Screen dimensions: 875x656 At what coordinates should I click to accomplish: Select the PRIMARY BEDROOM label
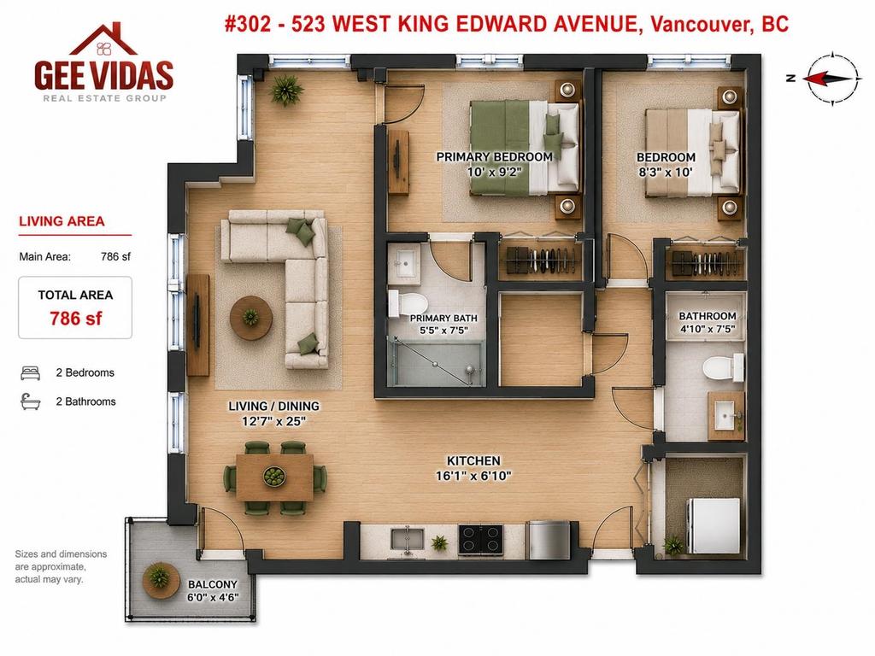pos(495,157)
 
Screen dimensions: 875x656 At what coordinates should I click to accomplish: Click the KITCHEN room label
pos(473,460)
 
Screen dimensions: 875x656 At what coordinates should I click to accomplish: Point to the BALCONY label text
pos(213,584)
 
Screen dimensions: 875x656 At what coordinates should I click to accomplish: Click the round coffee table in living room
pos(251,318)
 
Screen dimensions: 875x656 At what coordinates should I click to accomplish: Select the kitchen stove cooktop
pos(480,539)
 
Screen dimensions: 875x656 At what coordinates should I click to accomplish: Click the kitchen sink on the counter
pos(408,540)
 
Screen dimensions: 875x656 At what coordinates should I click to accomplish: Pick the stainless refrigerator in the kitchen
pos(549,540)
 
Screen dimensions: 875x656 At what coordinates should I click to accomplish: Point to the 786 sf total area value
pos(76,319)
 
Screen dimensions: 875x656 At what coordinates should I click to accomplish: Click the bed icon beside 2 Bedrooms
pos(30,373)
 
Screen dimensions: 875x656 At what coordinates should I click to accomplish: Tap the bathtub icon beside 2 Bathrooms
pos(30,401)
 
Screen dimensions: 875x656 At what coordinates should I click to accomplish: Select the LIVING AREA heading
pos(62,221)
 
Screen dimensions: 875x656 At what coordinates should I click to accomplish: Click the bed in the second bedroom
pos(692,153)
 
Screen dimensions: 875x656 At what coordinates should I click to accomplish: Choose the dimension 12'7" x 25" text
pos(273,422)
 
